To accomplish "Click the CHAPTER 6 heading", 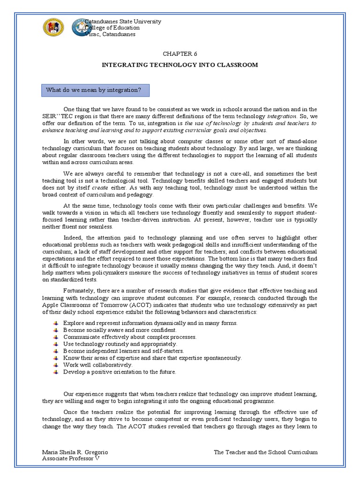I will point(180,54).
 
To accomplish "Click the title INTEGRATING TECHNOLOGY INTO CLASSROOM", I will point(180,65).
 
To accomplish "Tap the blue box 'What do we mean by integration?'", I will point(91,90).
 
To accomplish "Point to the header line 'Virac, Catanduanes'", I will point(109,34).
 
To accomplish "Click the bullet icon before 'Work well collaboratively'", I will point(56,365).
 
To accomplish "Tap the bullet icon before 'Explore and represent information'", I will point(56,323).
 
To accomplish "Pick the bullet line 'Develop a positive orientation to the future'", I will point(120,372).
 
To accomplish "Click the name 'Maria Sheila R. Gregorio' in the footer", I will point(75,452).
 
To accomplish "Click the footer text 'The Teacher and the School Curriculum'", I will point(265,452).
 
